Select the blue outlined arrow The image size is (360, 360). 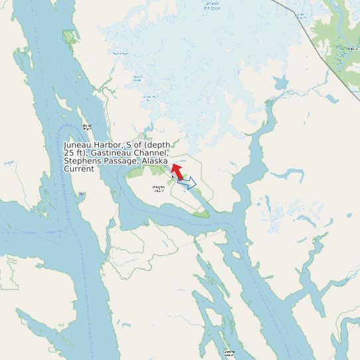pyautogui.click(x=189, y=182)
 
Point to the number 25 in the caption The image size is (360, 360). pyautogui.click(x=69, y=153)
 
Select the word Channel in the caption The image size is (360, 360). pyautogui.click(x=149, y=153)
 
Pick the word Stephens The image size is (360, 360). pyautogui.click(x=82, y=161)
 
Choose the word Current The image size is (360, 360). pyautogui.click(x=79, y=169)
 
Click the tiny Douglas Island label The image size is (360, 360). pyautogui.click(x=158, y=189)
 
